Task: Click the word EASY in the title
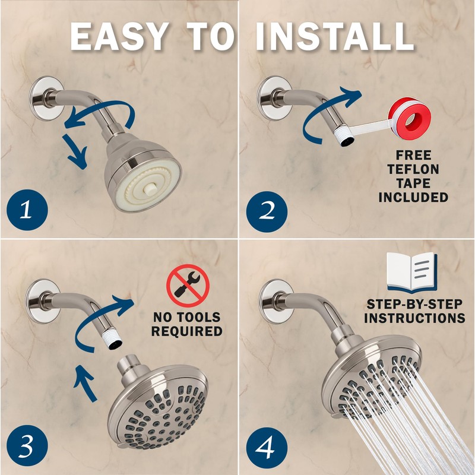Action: click(x=118, y=37)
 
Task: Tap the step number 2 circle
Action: click(x=266, y=210)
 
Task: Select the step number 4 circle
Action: click(x=266, y=446)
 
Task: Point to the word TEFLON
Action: click(x=413, y=169)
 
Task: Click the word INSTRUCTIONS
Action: click(x=414, y=318)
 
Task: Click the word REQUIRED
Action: click(x=186, y=331)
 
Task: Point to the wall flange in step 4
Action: click(x=275, y=302)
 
